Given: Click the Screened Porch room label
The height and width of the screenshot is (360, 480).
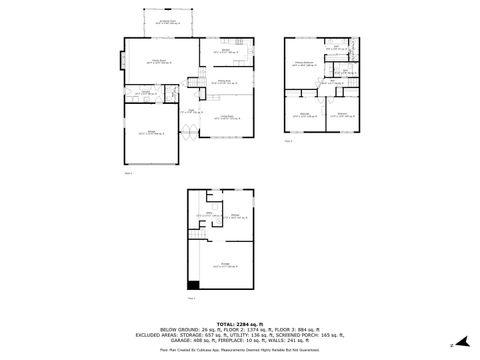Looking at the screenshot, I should pyautogui.click(x=168, y=20).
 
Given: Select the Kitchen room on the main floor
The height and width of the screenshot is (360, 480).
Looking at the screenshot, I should pyautogui.click(x=227, y=49).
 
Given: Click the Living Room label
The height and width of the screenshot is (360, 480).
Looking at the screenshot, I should pyautogui.click(x=229, y=120).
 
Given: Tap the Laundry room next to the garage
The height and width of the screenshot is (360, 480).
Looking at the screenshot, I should pyautogui.click(x=146, y=93).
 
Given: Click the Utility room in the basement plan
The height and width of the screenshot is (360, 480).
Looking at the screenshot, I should pyautogui.click(x=211, y=214).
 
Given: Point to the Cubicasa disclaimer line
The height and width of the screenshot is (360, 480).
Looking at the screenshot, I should pyautogui.click(x=239, y=350).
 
